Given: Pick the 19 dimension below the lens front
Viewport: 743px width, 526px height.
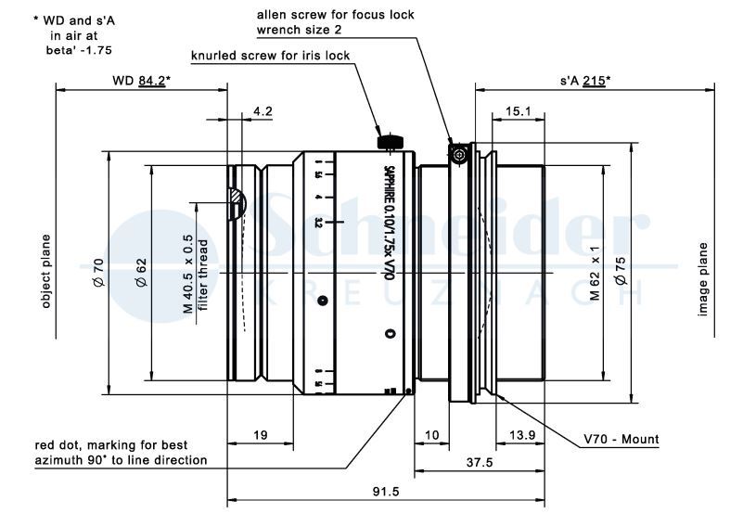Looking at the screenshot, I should [x=261, y=434].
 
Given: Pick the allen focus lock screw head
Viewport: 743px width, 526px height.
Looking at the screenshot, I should [x=456, y=154].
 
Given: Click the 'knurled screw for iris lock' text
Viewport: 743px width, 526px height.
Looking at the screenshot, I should [x=270, y=56].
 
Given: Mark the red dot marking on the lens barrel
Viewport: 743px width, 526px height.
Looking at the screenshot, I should [x=409, y=392].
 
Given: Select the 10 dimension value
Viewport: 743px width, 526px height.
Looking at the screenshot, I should [x=431, y=434].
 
